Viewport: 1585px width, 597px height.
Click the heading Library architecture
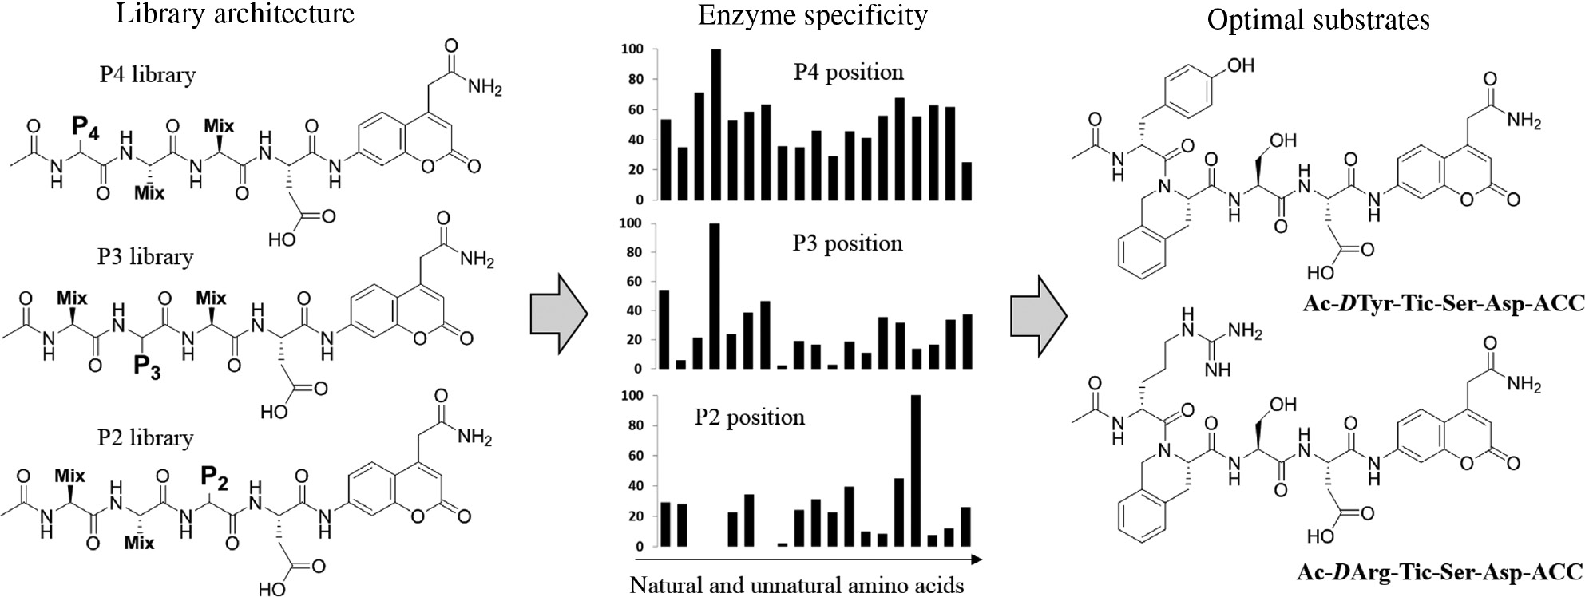(x=235, y=14)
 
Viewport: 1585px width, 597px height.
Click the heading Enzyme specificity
(x=812, y=15)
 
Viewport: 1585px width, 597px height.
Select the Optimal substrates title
(x=1318, y=19)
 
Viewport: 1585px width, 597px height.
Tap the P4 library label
(x=147, y=74)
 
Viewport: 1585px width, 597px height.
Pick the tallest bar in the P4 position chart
(x=715, y=124)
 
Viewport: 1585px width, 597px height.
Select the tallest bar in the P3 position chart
(x=715, y=296)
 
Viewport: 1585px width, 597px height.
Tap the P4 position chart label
(x=848, y=72)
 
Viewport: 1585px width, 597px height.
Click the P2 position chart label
(x=749, y=417)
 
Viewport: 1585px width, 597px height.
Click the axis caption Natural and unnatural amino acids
(x=796, y=585)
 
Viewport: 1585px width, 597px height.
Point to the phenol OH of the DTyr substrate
(x=1240, y=65)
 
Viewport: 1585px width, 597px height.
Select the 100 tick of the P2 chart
(x=632, y=396)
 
